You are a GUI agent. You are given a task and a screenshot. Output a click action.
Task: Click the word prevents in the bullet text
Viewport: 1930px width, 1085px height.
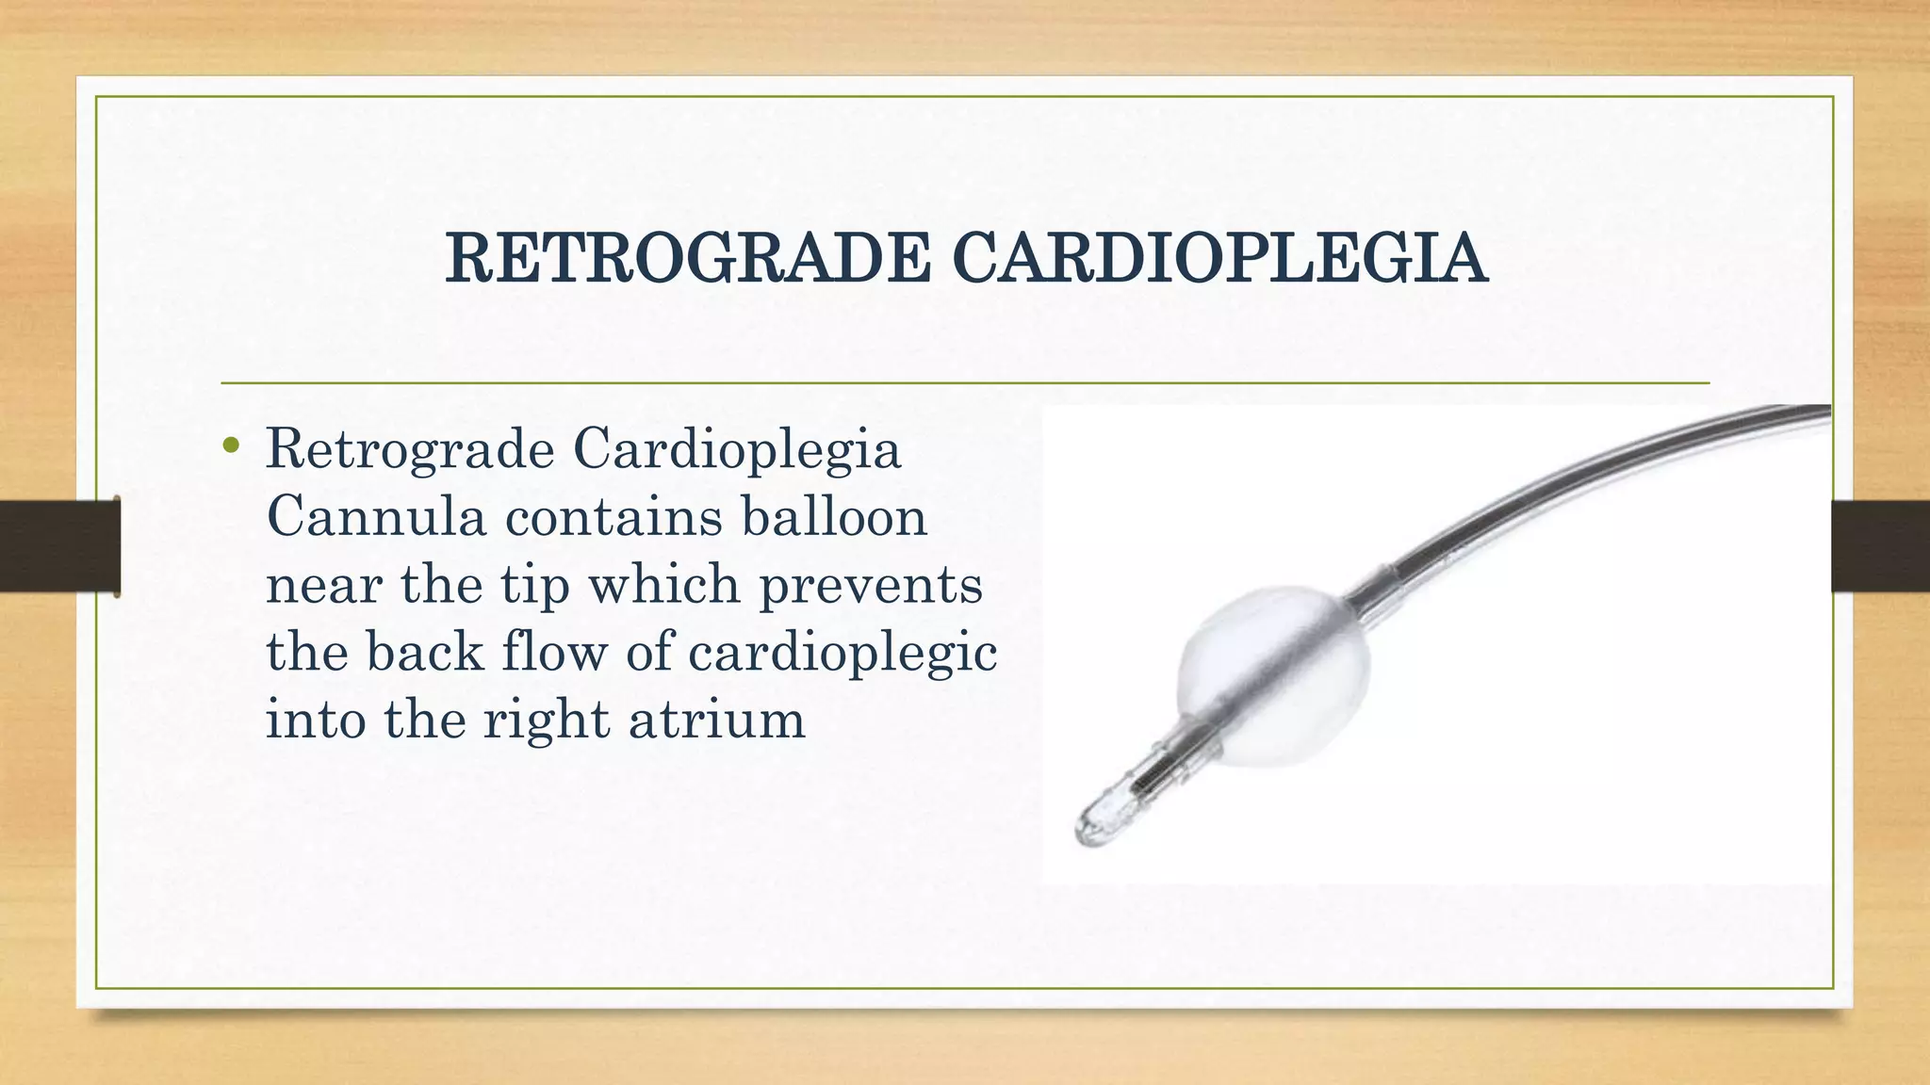click(x=871, y=586)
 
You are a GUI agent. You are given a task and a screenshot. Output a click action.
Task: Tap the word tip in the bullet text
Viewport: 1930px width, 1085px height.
click(x=535, y=586)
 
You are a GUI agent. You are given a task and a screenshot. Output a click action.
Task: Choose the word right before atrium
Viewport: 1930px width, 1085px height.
click(x=547, y=721)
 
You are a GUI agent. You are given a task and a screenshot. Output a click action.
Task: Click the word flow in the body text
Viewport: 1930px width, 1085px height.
click(x=555, y=652)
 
